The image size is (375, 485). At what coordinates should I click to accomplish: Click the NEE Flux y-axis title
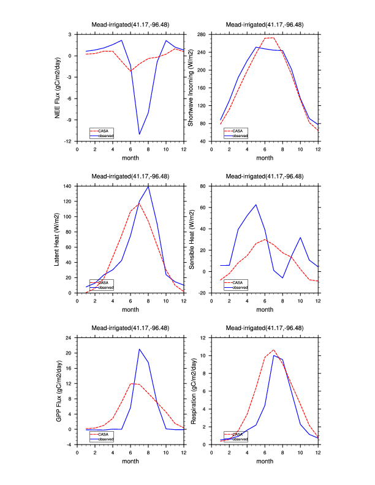pos(59,88)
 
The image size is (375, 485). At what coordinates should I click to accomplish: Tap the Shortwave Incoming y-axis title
pos(191,88)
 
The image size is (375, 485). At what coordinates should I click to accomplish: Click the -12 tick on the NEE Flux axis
pos(70,141)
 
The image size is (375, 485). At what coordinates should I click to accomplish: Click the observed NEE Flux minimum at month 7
pos(139,134)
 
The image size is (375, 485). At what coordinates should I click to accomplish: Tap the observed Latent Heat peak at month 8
pos(148,186)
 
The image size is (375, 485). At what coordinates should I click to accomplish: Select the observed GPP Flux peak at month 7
pos(139,349)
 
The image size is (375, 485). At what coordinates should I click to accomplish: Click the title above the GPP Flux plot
pos(131,329)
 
